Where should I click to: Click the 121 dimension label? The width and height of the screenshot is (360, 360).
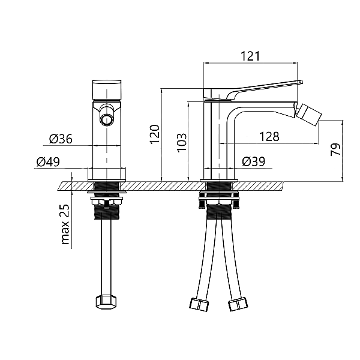(250, 56)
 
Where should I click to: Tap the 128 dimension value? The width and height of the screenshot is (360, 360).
(269, 137)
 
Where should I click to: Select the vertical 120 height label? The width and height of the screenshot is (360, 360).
(155, 134)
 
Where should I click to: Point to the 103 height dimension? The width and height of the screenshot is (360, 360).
(182, 142)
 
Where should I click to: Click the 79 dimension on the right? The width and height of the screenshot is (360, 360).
(335, 149)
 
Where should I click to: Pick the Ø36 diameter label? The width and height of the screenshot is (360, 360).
(61, 139)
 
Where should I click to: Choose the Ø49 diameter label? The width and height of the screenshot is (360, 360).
(48, 162)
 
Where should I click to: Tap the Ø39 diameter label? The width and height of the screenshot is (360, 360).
(253, 161)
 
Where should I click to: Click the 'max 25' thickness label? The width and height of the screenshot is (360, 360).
(65, 224)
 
